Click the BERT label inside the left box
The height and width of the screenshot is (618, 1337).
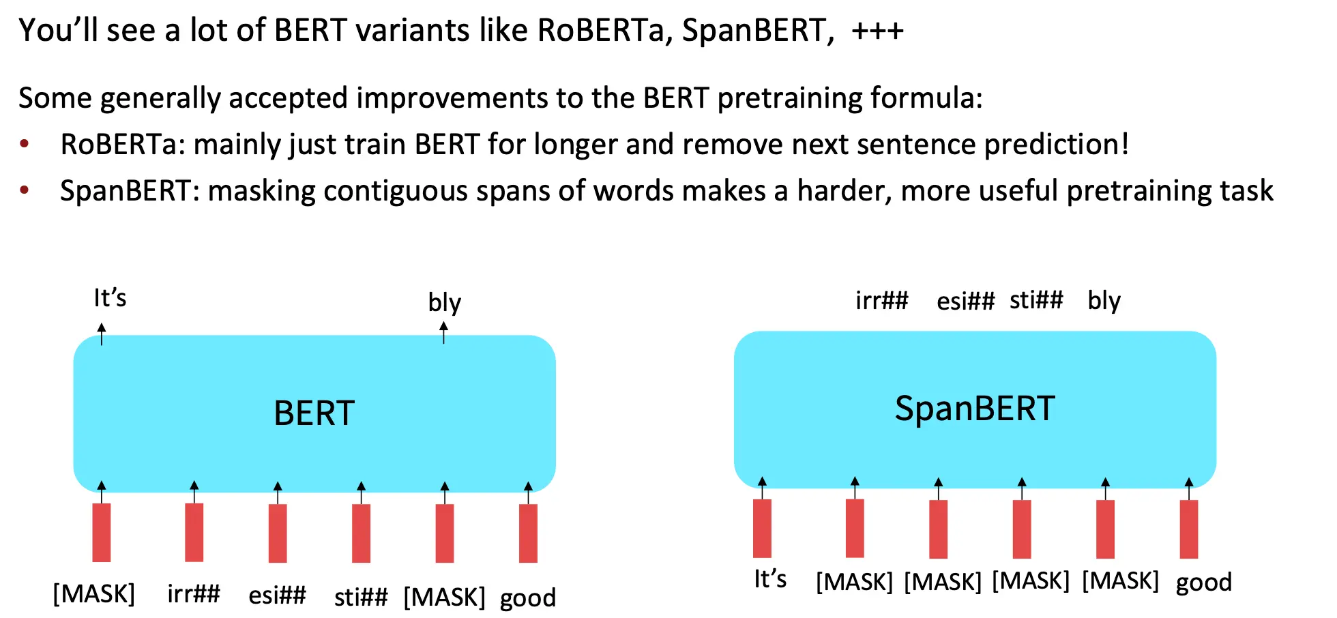[x=314, y=413]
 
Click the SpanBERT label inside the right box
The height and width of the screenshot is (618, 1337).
[x=975, y=409]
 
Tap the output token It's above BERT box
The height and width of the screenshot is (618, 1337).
[x=110, y=298]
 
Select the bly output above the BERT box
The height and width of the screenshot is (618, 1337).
[x=444, y=302]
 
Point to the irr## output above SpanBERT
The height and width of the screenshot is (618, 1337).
[x=882, y=300]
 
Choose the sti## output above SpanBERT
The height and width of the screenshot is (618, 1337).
[x=1036, y=299]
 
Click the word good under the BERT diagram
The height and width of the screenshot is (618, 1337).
[x=528, y=598]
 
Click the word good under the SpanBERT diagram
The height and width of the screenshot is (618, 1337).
[x=1204, y=583]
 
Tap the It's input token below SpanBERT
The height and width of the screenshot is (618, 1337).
[x=770, y=579]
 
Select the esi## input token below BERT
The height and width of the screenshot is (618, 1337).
[x=277, y=595]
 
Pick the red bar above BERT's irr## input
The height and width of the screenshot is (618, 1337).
[x=194, y=533]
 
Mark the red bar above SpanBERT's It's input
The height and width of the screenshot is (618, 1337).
[x=763, y=529]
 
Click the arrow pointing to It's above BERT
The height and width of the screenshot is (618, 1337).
[x=102, y=334]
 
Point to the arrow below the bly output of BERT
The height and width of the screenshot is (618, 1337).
[x=443, y=332]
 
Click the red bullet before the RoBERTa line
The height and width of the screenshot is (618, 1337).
[x=25, y=144]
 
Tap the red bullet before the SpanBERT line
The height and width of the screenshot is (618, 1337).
[x=25, y=190]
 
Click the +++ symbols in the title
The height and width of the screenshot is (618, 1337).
[x=877, y=31]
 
